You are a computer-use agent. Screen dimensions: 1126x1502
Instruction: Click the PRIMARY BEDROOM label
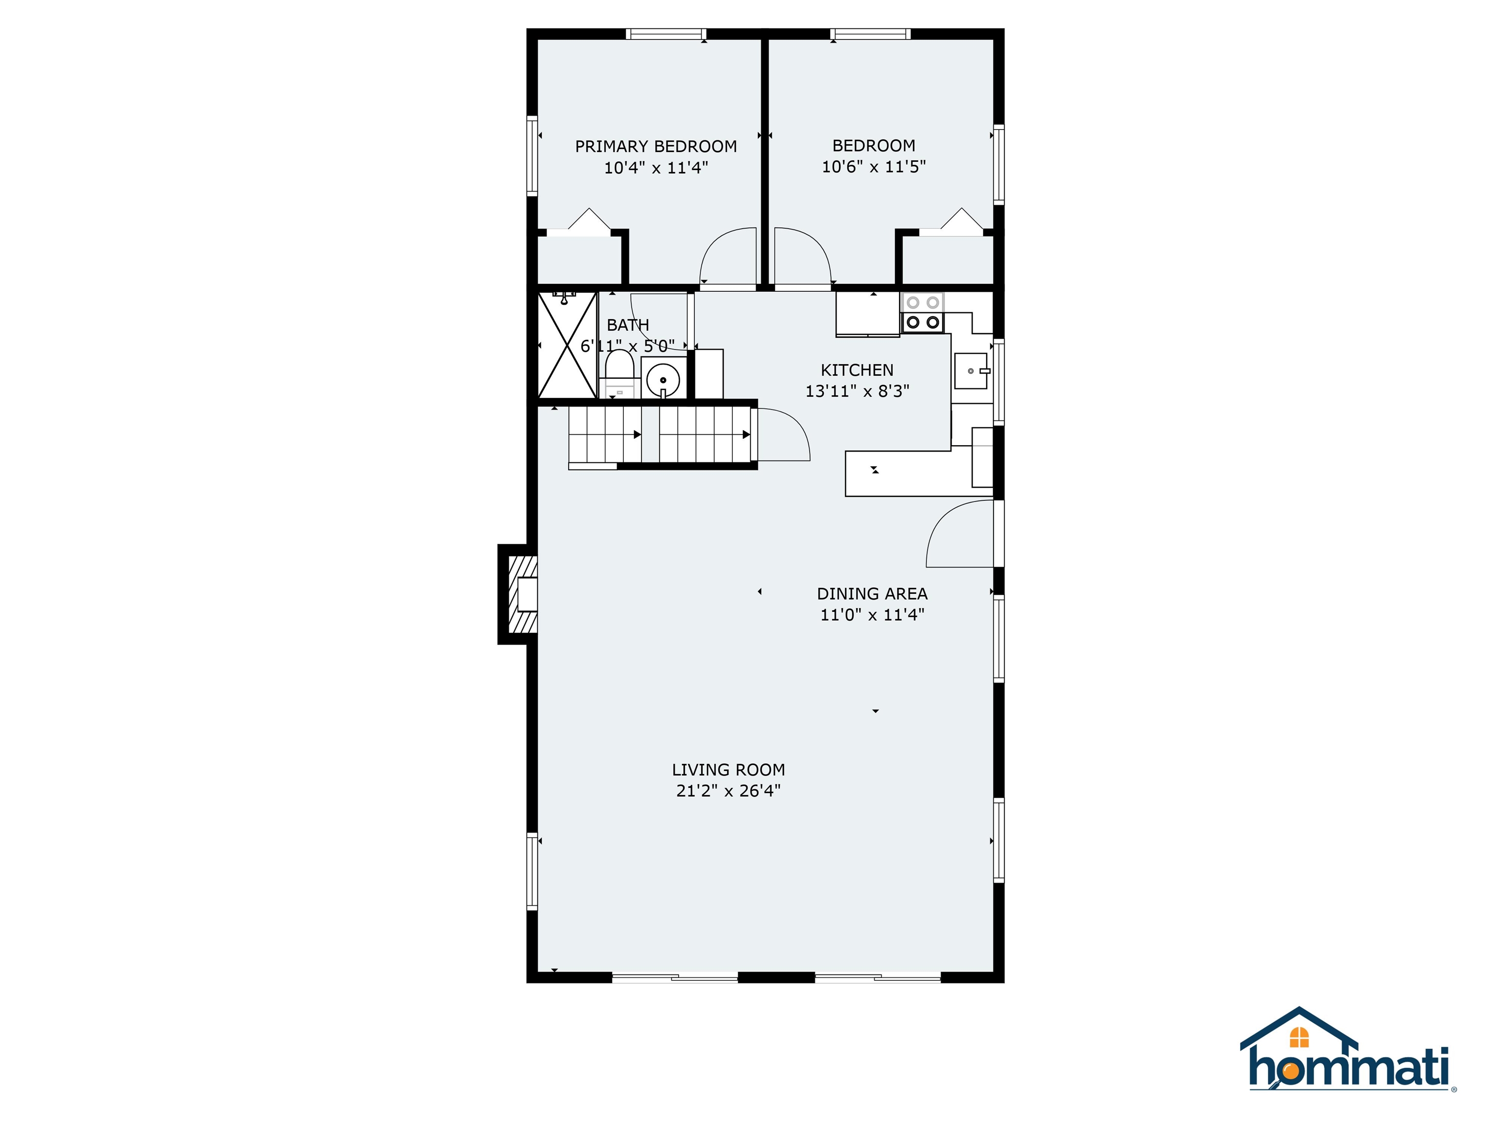click(x=655, y=146)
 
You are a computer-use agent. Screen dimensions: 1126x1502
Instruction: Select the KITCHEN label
click(x=857, y=370)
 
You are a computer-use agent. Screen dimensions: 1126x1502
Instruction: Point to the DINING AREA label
click(x=872, y=594)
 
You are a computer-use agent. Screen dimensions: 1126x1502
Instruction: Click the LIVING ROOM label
click(x=728, y=770)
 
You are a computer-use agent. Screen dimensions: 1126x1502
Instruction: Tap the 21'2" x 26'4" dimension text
click(x=728, y=791)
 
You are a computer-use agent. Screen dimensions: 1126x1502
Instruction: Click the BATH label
click(x=627, y=325)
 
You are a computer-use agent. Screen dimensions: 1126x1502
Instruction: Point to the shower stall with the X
click(x=567, y=346)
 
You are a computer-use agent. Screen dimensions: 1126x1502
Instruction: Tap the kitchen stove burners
click(x=922, y=313)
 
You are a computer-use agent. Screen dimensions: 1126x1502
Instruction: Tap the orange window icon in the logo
click(x=1299, y=1037)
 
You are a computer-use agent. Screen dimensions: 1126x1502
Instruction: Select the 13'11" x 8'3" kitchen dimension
click(x=857, y=391)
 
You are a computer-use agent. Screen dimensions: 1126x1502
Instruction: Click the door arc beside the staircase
click(x=784, y=434)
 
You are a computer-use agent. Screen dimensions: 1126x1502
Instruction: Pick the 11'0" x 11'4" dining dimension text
click(x=872, y=615)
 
